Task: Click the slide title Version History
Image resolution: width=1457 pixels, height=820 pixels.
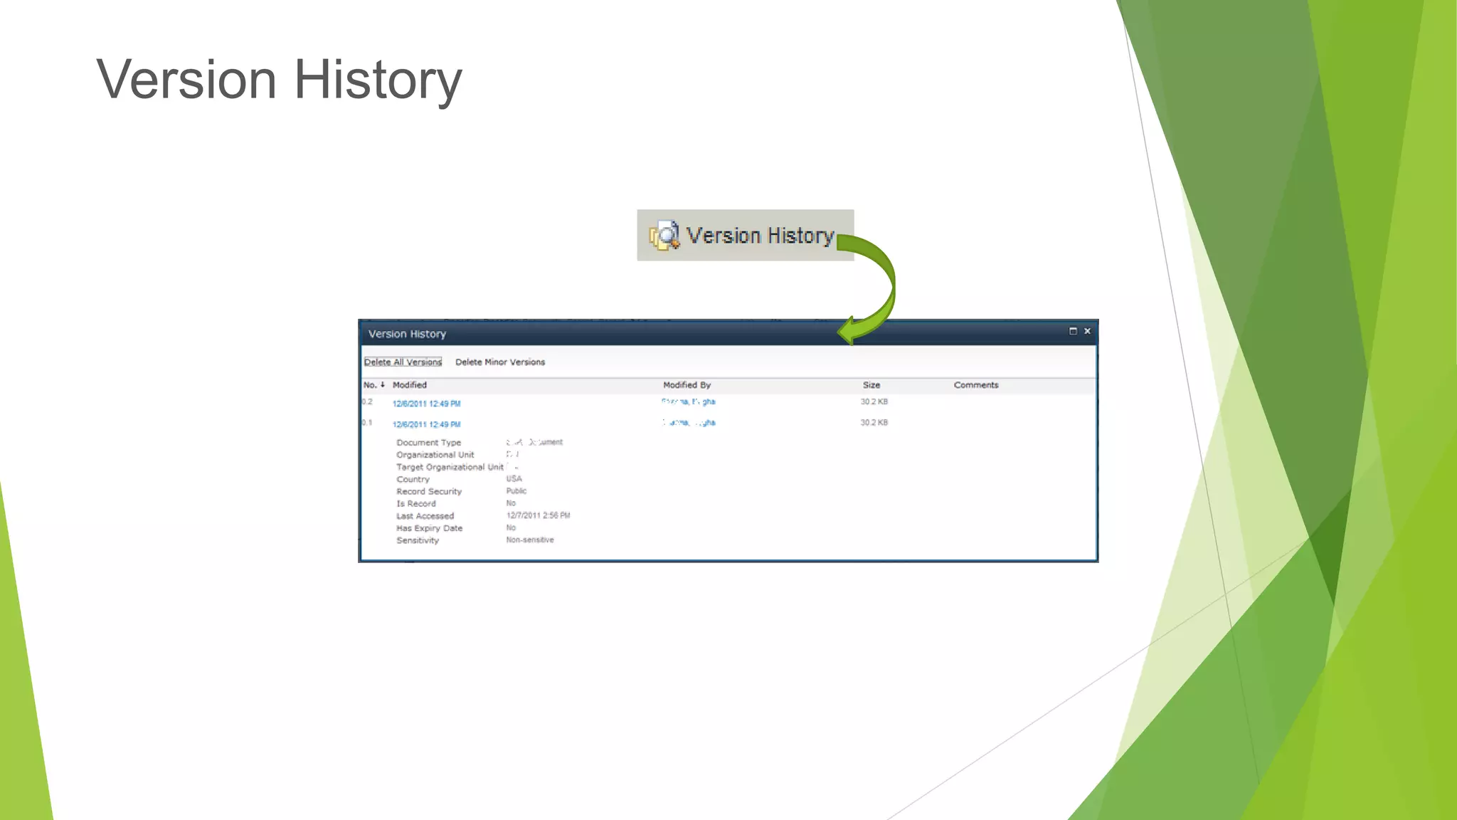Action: (279, 80)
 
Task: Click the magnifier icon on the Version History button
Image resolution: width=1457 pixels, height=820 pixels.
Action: (665, 236)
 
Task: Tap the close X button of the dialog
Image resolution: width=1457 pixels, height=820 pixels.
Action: (1087, 331)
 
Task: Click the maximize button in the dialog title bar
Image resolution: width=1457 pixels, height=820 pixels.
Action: (1073, 331)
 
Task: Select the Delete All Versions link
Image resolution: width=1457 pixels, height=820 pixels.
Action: (403, 362)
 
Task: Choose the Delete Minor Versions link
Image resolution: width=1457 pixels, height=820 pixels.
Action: (500, 362)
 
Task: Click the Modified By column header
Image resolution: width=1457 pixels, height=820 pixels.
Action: (687, 385)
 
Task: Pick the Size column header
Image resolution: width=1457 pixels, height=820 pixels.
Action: (871, 385)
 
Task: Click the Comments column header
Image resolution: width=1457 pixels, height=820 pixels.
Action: (976, 385)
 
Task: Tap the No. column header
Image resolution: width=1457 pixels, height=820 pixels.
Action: (371, 385)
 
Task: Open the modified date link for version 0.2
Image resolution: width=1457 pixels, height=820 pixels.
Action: (426, 404)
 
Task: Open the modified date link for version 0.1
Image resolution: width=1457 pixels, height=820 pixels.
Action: (426, 424)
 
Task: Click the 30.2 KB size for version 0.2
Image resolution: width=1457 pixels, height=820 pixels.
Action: (874, 402)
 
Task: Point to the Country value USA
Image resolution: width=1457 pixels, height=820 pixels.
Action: (514, 479)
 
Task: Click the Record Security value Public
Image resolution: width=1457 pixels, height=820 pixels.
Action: (516, 491)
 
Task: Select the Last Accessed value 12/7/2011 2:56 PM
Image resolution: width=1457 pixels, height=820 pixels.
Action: (538, 515)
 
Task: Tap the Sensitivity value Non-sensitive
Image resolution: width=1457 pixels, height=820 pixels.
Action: (530, 540)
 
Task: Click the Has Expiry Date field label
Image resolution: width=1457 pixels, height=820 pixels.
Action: (429, 528)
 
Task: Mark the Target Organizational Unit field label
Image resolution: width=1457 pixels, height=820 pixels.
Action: (450, 467)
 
